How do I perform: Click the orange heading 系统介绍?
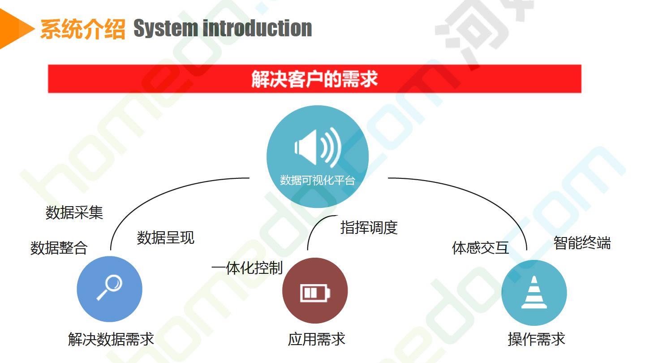82,29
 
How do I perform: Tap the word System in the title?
166,29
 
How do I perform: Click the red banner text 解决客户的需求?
314,79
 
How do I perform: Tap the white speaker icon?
318,147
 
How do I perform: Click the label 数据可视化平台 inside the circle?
317,180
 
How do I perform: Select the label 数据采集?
74,212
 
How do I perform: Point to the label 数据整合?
59,248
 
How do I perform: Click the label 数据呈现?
166,238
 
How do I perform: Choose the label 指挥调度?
369,228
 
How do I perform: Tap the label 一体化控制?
247,268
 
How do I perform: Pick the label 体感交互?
481,248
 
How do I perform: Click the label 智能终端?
582,242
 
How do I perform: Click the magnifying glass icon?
110,288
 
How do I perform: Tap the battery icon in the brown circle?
315,293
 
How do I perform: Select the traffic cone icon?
534,292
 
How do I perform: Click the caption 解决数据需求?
111,339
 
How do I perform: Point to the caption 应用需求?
316,339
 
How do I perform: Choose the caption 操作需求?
537,339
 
